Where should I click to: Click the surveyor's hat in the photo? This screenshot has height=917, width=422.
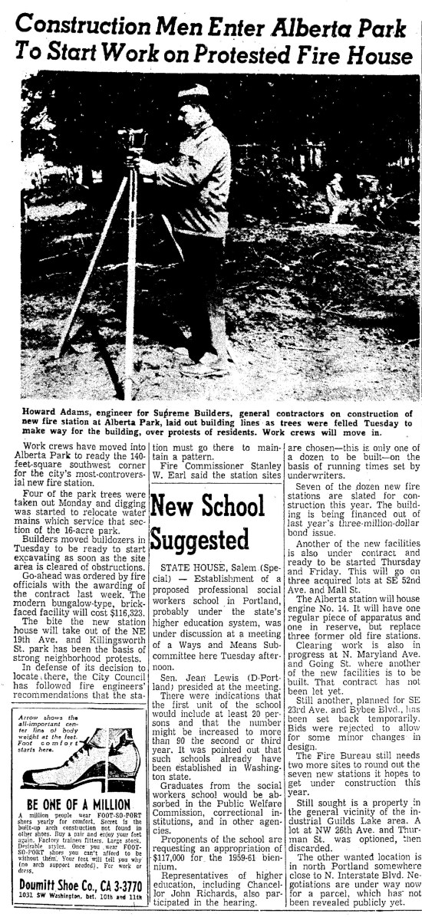tap(193, 93)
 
